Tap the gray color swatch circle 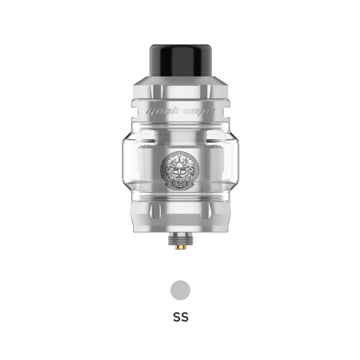pyautogui.click(x=180, y=290)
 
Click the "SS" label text pyautogui.click(x=180, y=318)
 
